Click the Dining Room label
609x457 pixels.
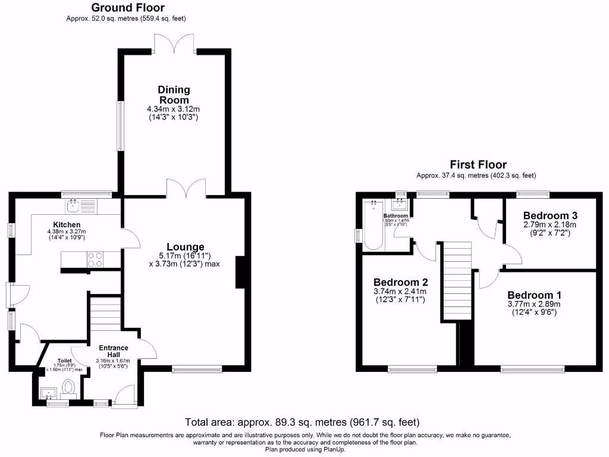coord(174,95)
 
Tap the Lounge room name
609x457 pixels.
coord(185,247)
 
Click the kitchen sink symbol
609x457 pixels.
coord(74,206)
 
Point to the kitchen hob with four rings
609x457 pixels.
coord(95,259)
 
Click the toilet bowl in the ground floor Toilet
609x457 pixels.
coord(69,388)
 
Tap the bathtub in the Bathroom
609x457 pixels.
coord(373,224)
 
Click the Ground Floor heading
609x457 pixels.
coord(127,8)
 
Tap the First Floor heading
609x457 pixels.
coord(478,165)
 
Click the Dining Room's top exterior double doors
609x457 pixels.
coord(175,44)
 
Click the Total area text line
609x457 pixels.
coord(302,422)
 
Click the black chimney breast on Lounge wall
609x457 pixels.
coord(240,272)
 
